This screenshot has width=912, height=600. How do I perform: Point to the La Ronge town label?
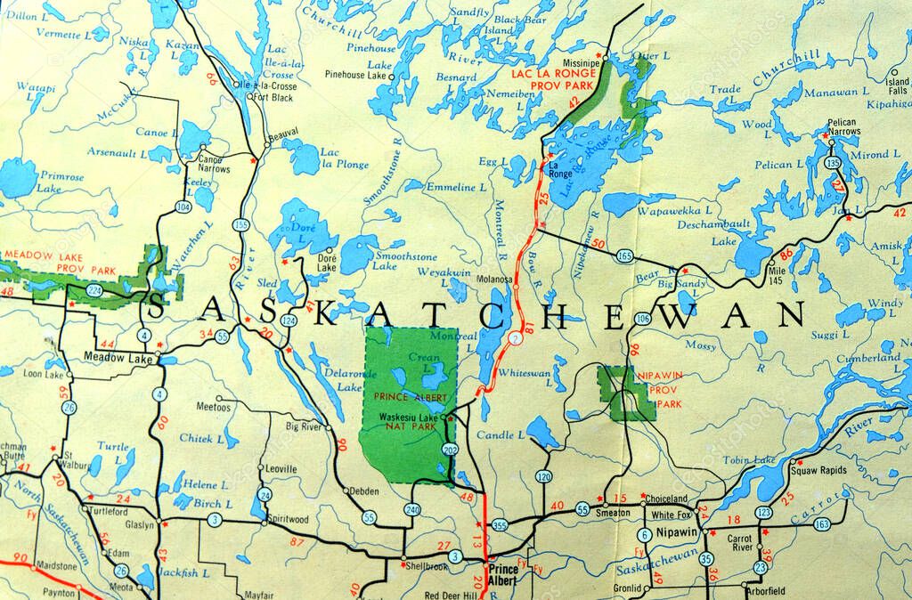560,169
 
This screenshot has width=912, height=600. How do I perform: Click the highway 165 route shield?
624,256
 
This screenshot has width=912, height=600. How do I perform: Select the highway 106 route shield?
643,318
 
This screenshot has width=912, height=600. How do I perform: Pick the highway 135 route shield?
833,164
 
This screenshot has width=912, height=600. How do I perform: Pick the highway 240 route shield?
411,509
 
